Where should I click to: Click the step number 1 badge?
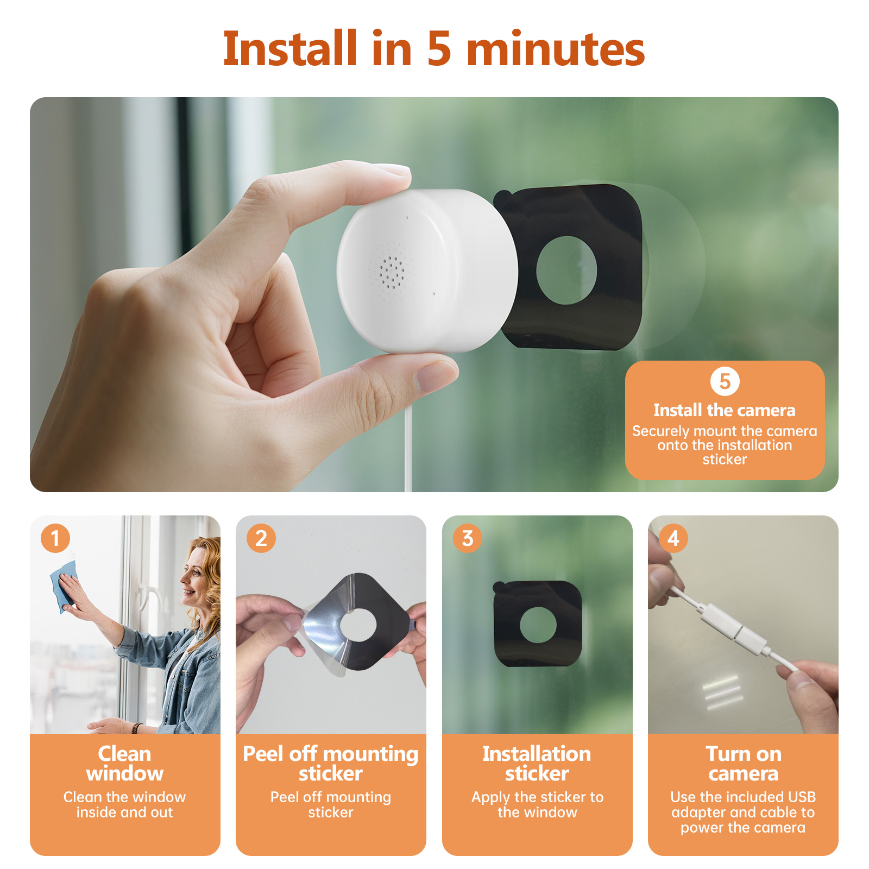point(55,538)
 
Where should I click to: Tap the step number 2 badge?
point(261,538)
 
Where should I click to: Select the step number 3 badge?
point(468,538)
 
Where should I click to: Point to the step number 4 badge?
point(673,538)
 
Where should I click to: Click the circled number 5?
point(725,381)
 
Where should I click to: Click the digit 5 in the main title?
point(439,49)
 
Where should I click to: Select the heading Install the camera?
point(725,410)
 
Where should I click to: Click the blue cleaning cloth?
point(65,587)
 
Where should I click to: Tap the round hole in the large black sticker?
point(566,270)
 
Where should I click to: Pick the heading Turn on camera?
point(743,764)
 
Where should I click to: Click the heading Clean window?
point(124,764)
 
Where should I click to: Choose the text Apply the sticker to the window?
point(537,804)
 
